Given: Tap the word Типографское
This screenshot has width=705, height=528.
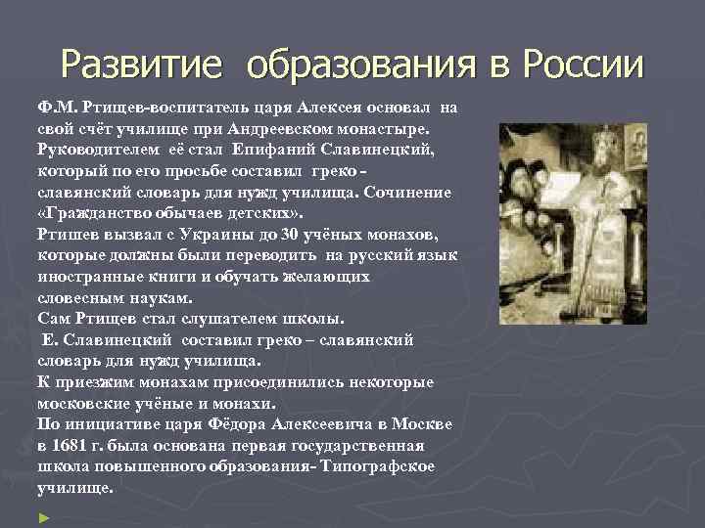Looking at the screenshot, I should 377,466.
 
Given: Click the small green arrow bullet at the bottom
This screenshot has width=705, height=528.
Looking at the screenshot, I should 42,515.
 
